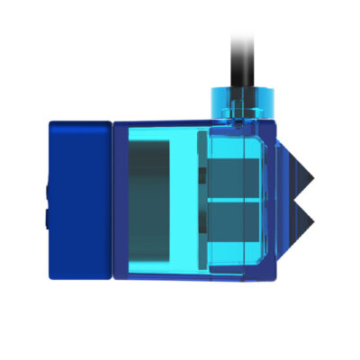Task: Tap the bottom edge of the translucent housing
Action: pyautogui.click(x=189, y=278)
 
